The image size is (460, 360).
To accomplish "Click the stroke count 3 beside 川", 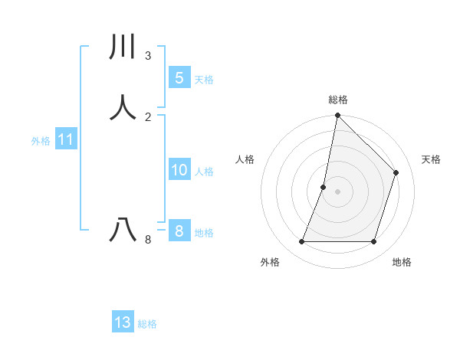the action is pos(148,56).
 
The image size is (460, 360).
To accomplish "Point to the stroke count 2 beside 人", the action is pos(148,116).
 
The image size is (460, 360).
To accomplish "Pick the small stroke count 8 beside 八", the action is pos(148,240).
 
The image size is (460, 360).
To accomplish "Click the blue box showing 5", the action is pos(179,78).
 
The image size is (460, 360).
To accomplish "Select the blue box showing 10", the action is pos(179,170).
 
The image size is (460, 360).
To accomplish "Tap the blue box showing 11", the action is pos(65,140).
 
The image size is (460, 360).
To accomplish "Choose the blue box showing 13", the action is pos(123,322).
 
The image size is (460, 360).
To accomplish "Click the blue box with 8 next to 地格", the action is pos(179,231).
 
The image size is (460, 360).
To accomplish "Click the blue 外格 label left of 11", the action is pos(41,141).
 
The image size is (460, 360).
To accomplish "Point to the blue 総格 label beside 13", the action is pos(147,324).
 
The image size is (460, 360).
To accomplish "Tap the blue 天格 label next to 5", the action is pos(204,80).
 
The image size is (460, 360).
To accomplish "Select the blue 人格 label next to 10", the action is pos(204,172).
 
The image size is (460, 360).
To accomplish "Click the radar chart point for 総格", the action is pos(337,116).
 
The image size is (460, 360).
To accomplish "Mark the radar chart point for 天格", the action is pos(396,172).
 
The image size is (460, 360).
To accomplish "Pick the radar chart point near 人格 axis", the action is pos(324,187).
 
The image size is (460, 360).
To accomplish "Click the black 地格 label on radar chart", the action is pos(402,262).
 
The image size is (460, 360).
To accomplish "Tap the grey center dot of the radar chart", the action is pos(337,191).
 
